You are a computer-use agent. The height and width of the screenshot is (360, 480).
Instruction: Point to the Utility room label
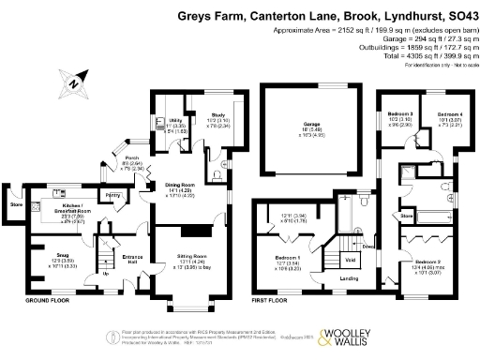(x=174, y=121)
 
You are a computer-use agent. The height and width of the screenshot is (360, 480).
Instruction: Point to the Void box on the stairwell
(x=350, y=260)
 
